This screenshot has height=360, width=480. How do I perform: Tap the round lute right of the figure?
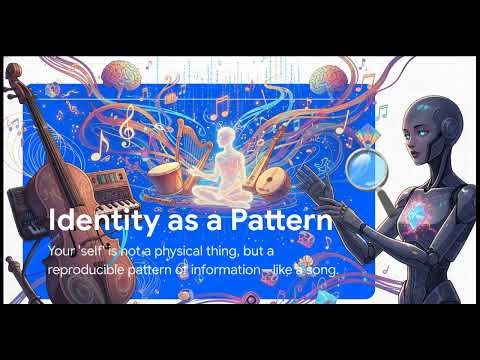(271, 183)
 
